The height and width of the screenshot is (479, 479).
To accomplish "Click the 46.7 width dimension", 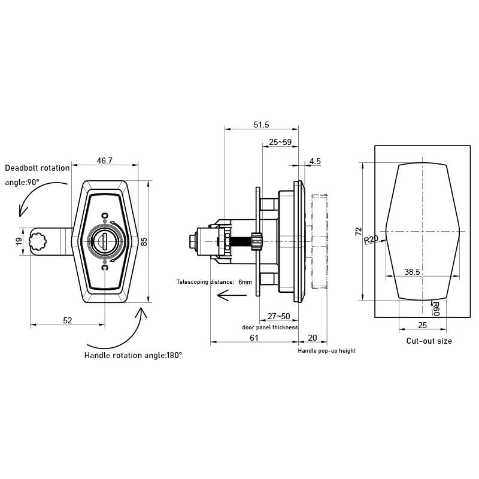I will click(104, 160).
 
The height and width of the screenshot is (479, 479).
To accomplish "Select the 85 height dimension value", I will click(144, 241).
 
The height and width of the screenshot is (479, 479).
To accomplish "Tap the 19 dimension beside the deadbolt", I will click(19, 241).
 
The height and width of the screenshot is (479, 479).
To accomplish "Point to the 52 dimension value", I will click(67, 320).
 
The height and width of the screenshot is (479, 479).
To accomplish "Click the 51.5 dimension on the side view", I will click(261, 125).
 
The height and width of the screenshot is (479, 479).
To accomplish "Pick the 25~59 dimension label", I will click(280, 143).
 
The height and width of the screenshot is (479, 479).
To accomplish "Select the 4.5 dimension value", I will click(315, 161).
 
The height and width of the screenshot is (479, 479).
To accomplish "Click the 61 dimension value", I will click(254, 338).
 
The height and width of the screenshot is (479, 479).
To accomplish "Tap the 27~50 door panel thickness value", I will click(278, 316).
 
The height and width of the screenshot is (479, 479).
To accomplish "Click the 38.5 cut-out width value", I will click(412, 271).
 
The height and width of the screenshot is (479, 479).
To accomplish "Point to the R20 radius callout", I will click(371, 240).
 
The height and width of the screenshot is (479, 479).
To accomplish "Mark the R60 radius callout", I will click(436, 308).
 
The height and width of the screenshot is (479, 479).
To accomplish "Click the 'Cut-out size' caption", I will click(429, 341).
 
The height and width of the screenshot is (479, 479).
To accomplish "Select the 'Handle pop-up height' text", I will click(326, 351).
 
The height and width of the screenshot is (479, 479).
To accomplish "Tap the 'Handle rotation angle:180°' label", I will click(133, 355).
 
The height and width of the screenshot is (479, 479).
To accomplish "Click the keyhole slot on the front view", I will click(105, 241).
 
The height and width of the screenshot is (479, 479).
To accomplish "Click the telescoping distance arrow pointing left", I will click(231, 295).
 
